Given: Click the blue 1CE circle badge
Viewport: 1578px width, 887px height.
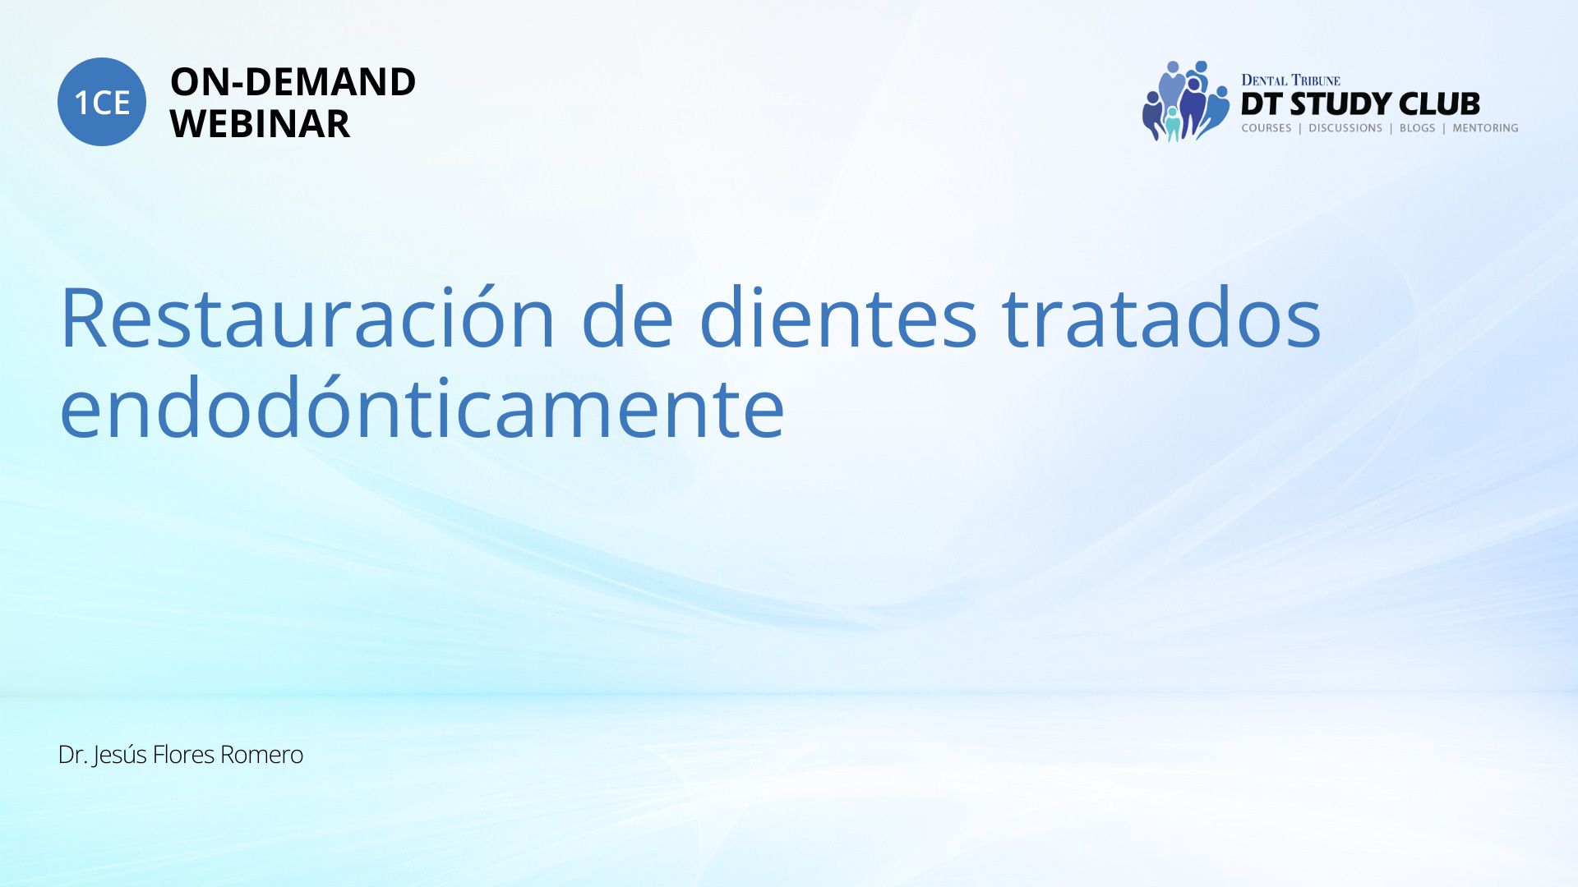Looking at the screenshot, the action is click(102, 102).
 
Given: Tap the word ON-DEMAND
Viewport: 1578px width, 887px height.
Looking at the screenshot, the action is click(293, 82).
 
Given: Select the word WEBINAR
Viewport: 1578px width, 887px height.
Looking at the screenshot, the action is click(260, 124).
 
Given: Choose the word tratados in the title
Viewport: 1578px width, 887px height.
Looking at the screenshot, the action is click(1161, 319).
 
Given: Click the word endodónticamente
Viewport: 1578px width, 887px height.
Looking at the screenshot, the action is click(422, 407).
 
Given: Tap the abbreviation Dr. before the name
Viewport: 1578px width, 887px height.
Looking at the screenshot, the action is click(73, 755).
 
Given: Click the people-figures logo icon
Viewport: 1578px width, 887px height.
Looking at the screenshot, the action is click(1185, 101).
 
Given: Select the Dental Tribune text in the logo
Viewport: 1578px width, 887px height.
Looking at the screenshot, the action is click(1290, 80).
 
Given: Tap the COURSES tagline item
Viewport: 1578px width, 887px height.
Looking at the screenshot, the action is click(1267, 128).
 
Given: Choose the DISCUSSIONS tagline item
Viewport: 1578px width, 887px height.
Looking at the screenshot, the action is click(1345, 128).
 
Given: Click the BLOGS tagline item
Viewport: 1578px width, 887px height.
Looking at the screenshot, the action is click(1418, 128).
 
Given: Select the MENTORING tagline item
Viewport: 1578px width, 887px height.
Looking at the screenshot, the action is click(1485, 128).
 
